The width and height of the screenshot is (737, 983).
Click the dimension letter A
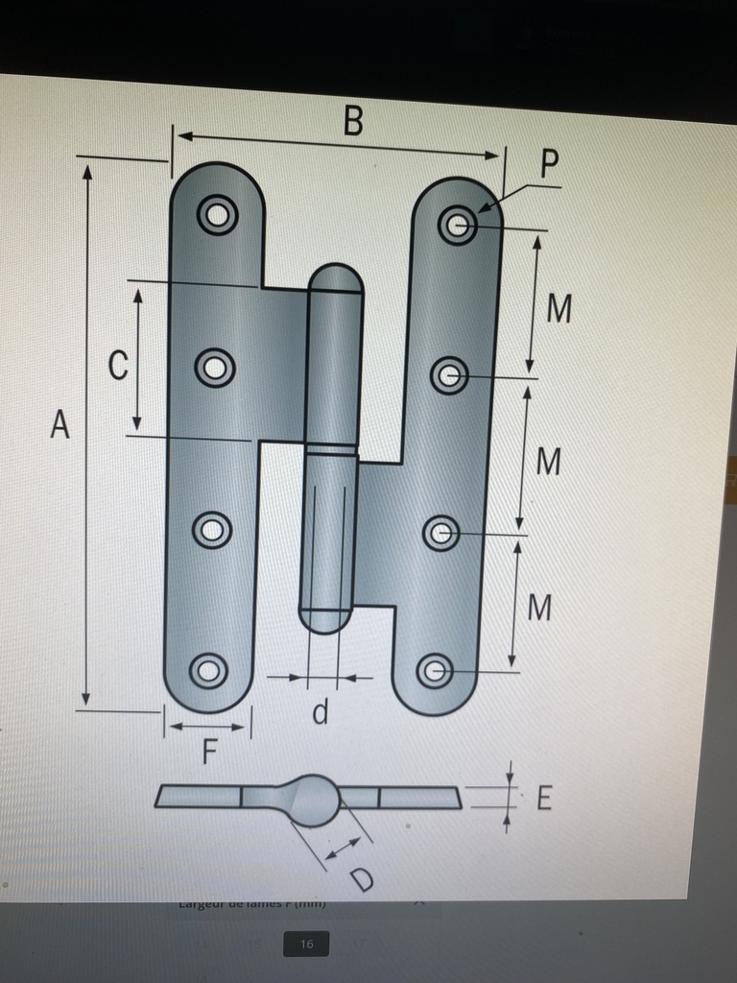click(60, 423)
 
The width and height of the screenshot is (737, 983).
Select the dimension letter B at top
click(353, 122)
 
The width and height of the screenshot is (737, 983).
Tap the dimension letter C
click(118, 365)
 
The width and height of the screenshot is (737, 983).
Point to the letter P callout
click(549, 165)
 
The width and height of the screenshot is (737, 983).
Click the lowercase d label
click(321, 712)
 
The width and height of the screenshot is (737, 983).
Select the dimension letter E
click(543, 798)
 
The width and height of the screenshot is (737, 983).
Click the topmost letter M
click(559, 308)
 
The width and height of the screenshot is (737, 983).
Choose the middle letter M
click(548, 462)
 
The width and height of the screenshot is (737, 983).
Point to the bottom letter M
click(540, 607)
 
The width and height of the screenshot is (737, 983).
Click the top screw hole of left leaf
click(218, 214)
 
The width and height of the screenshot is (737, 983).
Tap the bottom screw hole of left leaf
click(207, 670)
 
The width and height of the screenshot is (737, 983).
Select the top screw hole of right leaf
click(458, 226)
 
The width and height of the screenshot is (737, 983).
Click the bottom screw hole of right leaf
click(435, 670)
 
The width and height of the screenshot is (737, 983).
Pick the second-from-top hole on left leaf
click(214, 367)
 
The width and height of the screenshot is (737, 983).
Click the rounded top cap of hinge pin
click(336, 277)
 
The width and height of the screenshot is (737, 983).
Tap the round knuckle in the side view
click(313, 800)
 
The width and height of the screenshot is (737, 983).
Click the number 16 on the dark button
click(306, 944)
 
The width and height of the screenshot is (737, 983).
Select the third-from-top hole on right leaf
click(440, 533)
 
